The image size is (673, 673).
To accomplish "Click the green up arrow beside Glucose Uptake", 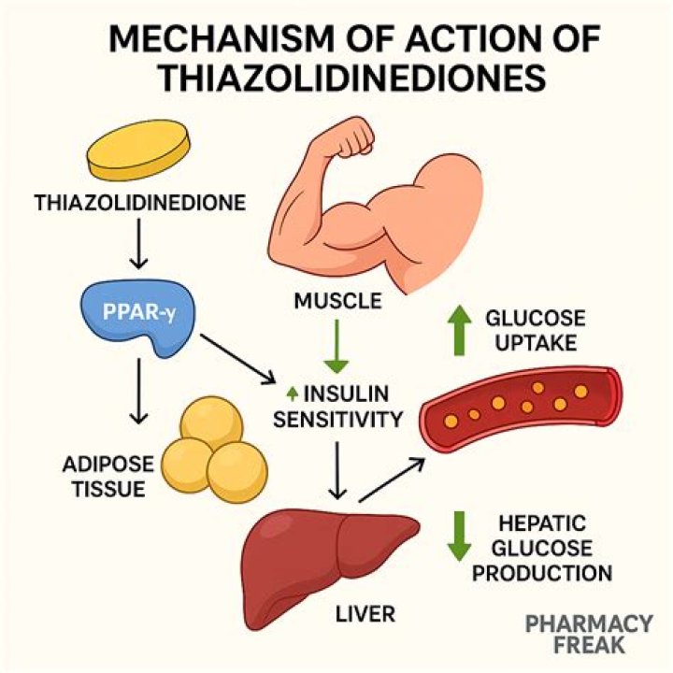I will [456, 330].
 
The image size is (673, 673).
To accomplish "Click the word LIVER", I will [365, 614].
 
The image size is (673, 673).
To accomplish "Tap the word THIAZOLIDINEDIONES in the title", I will [351, 78].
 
